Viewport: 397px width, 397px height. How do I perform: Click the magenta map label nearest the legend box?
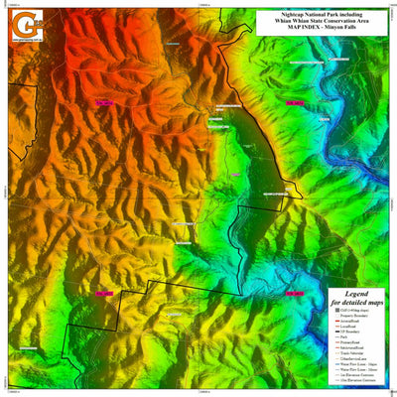(295, 294)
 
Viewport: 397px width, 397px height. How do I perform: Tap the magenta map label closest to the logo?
(102, 101)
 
